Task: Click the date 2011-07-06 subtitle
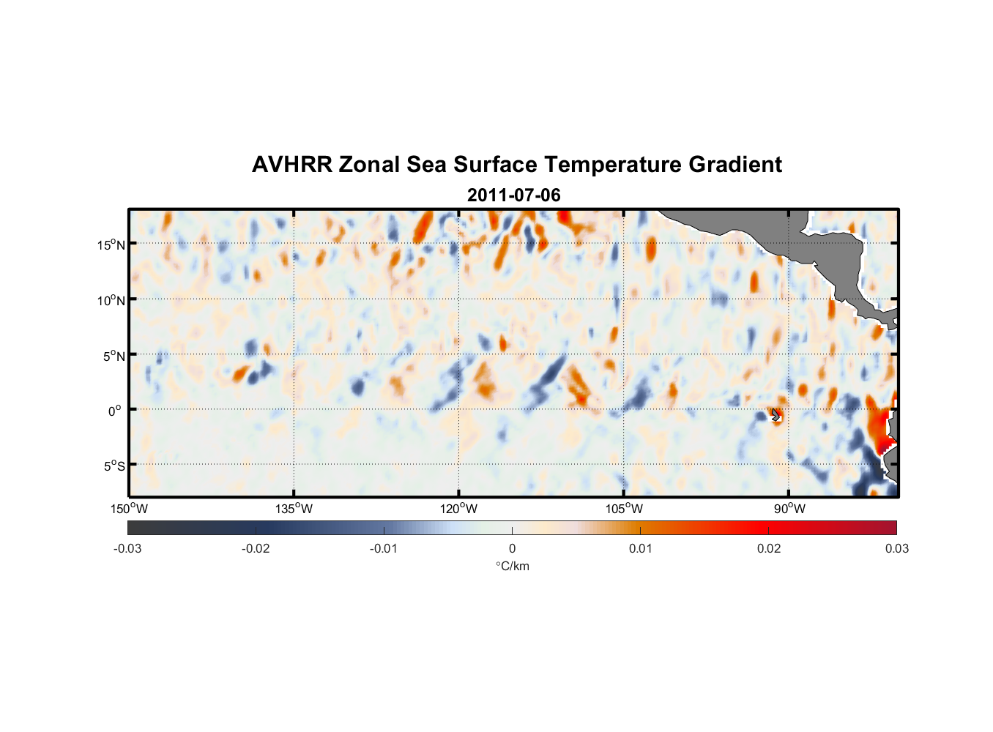[x=513, y=195]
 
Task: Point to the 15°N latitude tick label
[x=111, y=244]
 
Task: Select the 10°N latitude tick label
[x=111, y=300]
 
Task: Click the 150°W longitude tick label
[x=129, y=509]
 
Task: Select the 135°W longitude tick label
[x=294, y=509]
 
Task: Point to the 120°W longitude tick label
[x=458, y=509]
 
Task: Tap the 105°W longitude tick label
[x=624, y=509]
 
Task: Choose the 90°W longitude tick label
[x=789, y=509]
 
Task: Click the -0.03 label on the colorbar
[x=127, y=548]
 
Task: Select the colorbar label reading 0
[x=512, y=548]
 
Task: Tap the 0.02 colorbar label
[x=769, y=548]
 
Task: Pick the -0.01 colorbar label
[x=384, y=548]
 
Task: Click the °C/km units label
[x=512, y=566]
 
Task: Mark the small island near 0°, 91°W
[x=776, y=415]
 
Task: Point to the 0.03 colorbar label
[x=896, y=548]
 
